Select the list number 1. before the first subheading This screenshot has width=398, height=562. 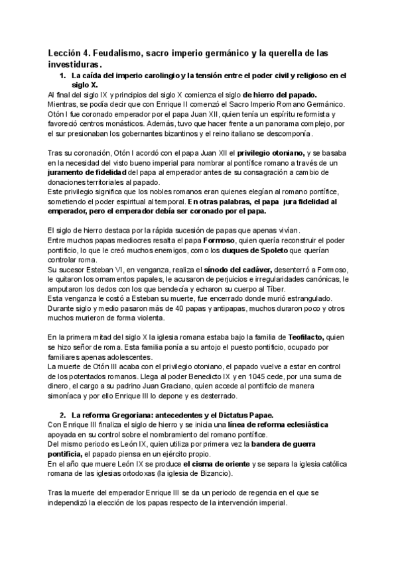[x=64, y=76]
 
